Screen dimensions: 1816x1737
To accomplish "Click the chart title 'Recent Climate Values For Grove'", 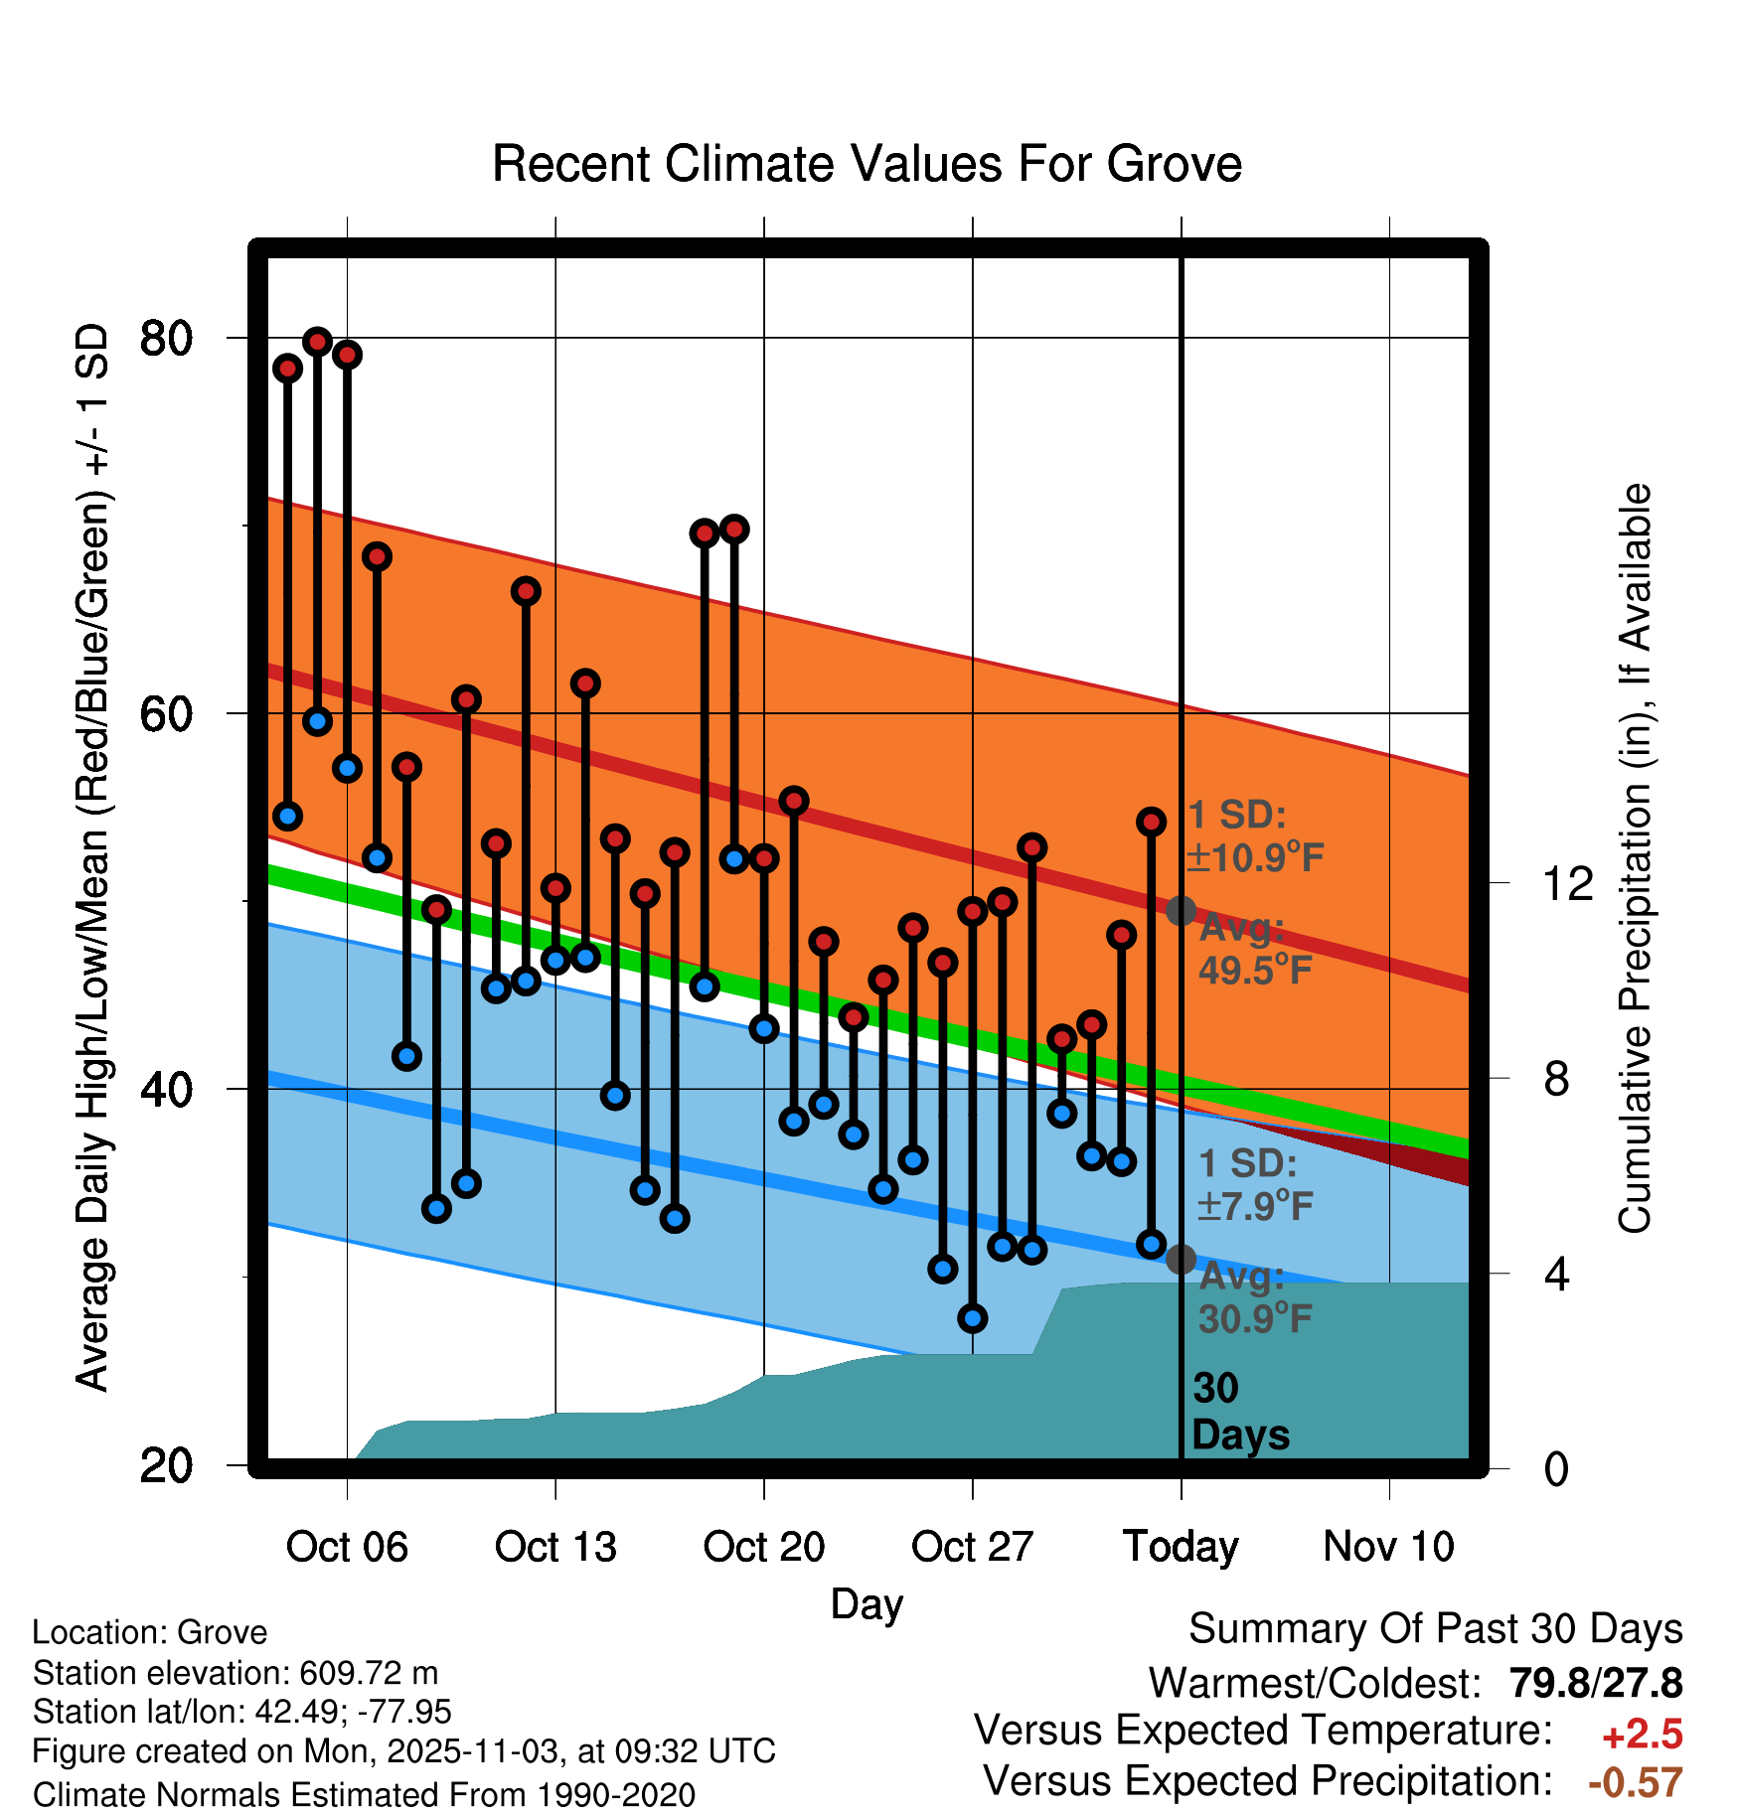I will pos(867,164).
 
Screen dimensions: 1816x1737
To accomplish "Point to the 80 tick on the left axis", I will pos(166,339).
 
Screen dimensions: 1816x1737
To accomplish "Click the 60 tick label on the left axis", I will pos(166,714).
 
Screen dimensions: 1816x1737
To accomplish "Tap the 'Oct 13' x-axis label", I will pos(555,1547).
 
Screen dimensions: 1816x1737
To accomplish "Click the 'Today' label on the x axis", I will pos(1181,1547).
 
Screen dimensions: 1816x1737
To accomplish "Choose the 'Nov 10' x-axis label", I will pos(1388,1547).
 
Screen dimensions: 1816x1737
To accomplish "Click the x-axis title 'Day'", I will pos(867,1603).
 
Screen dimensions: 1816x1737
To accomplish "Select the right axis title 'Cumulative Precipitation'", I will pos(1635,858).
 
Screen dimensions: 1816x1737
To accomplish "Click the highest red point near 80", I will pos(318,342).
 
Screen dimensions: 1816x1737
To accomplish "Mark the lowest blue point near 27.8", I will pos(973,1318).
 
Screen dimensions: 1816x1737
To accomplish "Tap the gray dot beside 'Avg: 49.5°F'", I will pos(1181,910).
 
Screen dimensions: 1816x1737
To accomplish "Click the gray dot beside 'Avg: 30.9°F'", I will pos(1181,1259).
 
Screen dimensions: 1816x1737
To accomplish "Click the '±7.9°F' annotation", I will pos(1256,1206).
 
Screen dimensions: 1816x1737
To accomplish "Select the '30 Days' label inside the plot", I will pos(1239,1412).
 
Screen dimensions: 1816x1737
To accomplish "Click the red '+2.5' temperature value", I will pos(1643,1735).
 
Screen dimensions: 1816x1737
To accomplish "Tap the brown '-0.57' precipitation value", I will pos(1636,1783).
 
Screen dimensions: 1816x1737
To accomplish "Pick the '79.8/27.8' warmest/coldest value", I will pos(1596,1683).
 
